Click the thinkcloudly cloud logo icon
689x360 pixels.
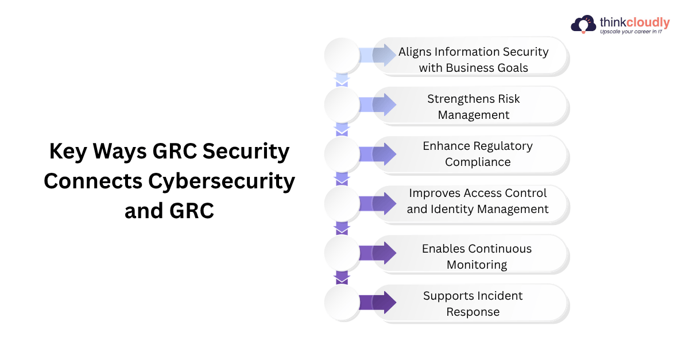[x=583, y=24]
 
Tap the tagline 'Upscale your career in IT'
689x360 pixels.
[x=631, y=32]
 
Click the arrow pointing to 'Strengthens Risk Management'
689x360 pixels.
[x=378, y=104]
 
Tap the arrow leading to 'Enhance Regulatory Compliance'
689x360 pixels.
[x=378, y=154]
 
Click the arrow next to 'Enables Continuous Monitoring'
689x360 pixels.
[x=378, y=253]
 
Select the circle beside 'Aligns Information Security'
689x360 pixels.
[x=342, y=55]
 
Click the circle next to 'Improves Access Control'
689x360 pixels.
[x=342, y=203]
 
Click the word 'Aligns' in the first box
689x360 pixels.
[x=415, y=52]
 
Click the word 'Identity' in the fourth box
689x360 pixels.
[x=452, y=209]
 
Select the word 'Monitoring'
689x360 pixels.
[x=477, y=265]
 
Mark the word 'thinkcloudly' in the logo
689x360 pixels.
[x=634, y=22]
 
